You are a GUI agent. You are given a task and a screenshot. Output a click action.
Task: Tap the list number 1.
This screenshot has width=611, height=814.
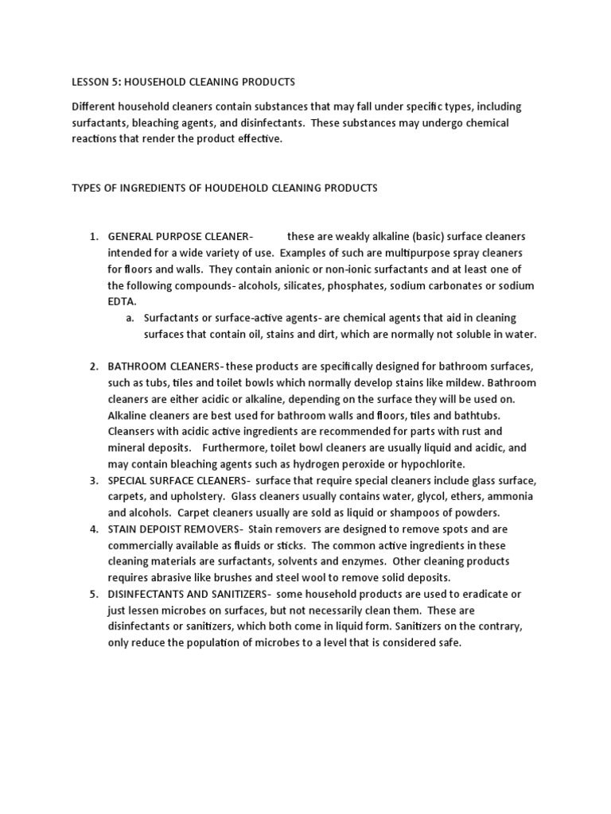tap(92, 237)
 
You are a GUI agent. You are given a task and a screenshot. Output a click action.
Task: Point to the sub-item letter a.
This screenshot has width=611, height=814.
tap(130, 319)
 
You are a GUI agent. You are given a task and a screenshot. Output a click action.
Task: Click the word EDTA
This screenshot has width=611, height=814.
tap(123, 302)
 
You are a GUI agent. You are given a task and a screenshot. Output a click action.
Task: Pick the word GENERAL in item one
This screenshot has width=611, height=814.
tap(132, 237)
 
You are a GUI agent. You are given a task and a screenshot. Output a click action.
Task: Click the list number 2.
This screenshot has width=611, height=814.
tap(92, 366)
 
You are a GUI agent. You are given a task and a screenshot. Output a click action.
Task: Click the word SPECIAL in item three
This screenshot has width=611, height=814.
tap(129, 481)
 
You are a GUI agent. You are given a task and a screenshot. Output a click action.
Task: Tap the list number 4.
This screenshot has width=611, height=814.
tap(92, 529)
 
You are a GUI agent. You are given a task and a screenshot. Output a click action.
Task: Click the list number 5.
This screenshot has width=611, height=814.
tap(92, 595)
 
